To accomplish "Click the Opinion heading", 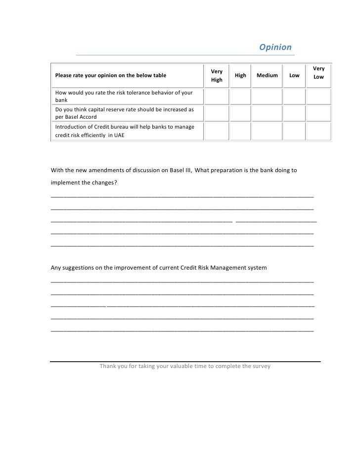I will point(275,47).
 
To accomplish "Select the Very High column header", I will point(217,76).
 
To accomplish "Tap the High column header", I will point(240,76).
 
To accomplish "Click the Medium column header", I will point(267,76).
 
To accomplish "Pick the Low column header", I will point(294,76).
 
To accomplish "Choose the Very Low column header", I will point(319,73).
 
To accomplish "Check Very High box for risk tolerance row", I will point(217,96).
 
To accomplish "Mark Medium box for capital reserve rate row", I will point(267,114).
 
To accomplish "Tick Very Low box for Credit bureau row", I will point(319,132).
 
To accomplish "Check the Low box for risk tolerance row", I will point(294,96).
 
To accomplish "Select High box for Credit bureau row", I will point(240,132).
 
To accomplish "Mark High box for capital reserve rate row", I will point(240,114).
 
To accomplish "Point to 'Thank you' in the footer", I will point(112,367).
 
